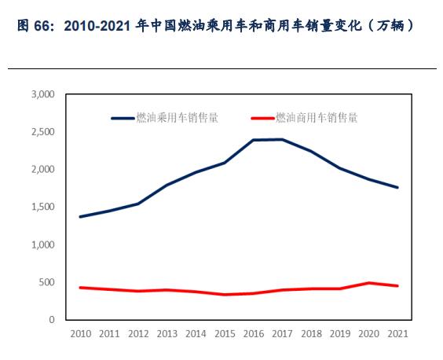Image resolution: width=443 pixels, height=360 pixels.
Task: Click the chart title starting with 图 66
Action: (214, 26)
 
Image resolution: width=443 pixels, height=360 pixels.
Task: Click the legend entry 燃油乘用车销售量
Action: (177, 117)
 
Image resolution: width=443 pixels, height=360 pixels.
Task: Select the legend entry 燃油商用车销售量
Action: (317, 117)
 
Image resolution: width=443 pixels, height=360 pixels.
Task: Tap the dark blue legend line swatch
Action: (123, 118)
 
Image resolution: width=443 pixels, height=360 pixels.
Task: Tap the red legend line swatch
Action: (262, 118)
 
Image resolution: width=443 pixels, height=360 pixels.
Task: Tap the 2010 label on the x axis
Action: (80, 334)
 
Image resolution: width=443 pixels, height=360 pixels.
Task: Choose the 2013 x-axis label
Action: (167, 334)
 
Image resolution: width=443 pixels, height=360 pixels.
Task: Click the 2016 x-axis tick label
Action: (253, 334)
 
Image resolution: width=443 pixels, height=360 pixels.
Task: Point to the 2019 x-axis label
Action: (339, 334)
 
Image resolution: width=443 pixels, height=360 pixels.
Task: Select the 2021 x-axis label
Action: (397, 334)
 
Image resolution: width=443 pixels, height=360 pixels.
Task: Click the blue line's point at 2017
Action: (282, 139)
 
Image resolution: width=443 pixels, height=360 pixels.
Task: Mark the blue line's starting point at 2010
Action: (80, 216)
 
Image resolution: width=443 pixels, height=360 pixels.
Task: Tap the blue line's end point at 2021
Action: (397, 187)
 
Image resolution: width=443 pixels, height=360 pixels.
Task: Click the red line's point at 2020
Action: (368, 283)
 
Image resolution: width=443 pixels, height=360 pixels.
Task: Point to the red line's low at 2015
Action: (225, 295)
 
